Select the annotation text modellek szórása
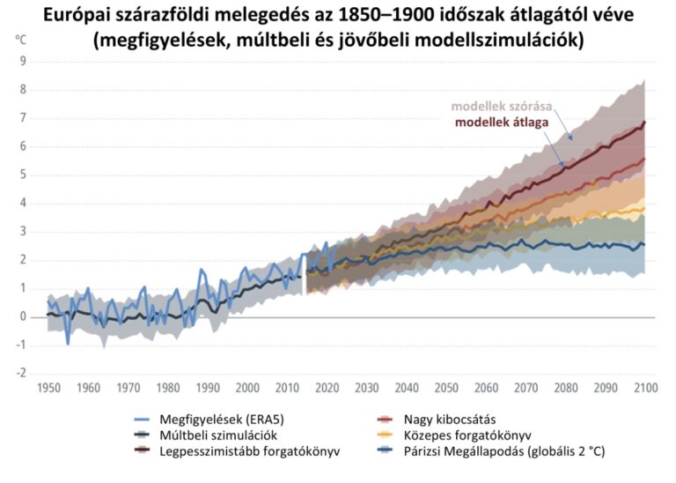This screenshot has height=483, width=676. click(x=502, y=107)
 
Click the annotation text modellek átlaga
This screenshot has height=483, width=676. click(x=502, y=122)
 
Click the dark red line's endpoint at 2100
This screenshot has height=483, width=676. click(x=646, y=122)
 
